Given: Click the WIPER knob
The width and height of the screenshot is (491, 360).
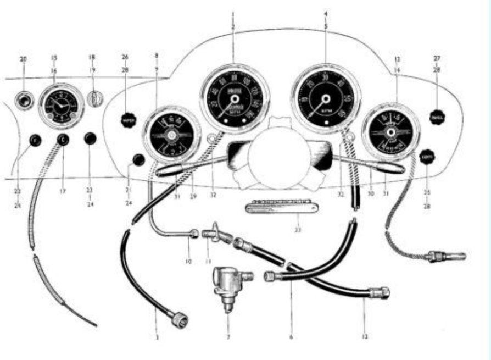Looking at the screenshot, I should [x=128, y=120].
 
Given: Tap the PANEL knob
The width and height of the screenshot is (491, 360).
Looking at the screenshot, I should [x=438, y=118].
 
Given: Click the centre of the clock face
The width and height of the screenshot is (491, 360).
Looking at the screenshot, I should [x=61, y=105].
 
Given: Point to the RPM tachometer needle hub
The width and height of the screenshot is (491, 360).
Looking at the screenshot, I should [x=325, y=99].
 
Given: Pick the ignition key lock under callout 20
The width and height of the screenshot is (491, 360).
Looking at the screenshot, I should [x=24, y=100].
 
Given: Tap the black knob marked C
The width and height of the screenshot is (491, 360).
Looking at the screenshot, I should [x=62, y=140].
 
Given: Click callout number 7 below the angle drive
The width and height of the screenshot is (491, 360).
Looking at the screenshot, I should [x=228, y=336].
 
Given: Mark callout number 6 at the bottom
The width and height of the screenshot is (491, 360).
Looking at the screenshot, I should [x=291, y=336].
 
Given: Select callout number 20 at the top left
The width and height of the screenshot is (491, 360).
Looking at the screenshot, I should [x=23, y=59].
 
